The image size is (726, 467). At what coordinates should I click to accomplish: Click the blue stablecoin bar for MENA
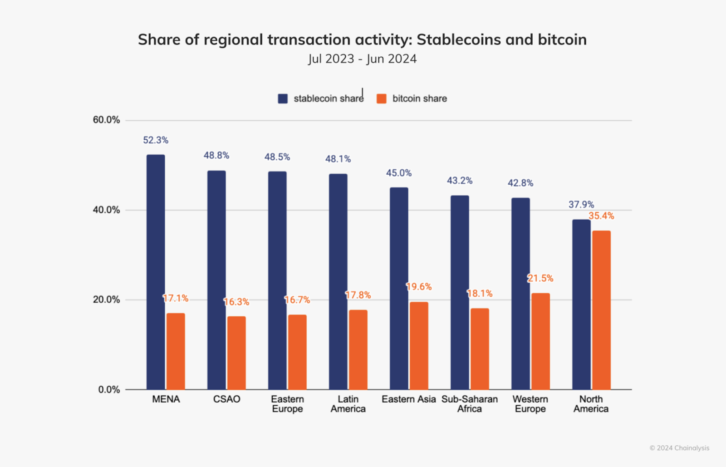156,272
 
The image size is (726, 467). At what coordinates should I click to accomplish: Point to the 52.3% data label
156,140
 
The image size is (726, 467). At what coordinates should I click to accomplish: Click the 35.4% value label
601,216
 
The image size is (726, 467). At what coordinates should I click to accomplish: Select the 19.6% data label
419,287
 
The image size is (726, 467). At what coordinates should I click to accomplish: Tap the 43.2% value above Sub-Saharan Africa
460,181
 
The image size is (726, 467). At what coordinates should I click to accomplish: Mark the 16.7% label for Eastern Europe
297,300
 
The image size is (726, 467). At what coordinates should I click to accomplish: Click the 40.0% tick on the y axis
106,210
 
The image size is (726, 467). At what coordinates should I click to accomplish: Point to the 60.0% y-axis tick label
106,120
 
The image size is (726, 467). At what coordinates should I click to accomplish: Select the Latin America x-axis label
348,404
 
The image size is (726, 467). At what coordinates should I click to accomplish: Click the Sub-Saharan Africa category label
470,404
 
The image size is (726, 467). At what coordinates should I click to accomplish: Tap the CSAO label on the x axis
226,399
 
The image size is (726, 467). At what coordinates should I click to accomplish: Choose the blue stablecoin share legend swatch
283,99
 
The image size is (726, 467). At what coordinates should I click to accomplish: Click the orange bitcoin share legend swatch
382,99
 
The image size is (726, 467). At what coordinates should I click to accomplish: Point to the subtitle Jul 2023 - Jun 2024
362,59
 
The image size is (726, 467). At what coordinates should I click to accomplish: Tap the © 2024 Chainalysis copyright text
679,448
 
